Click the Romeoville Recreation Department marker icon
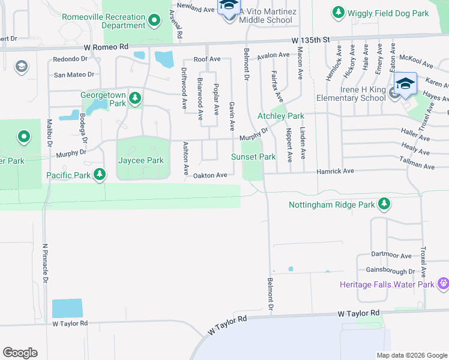click(154, 21)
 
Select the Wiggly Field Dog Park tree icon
click(339, 12)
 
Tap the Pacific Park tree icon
click(100, 175)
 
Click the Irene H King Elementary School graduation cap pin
click(405, 84)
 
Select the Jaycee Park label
click(141, 160)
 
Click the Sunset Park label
click(253, 157)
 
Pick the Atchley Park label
click(280, 116)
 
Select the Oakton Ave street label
click(210, 175)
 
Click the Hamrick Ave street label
click(336, 171)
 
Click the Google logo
click(20, 353)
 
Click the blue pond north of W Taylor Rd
click(67, 308)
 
